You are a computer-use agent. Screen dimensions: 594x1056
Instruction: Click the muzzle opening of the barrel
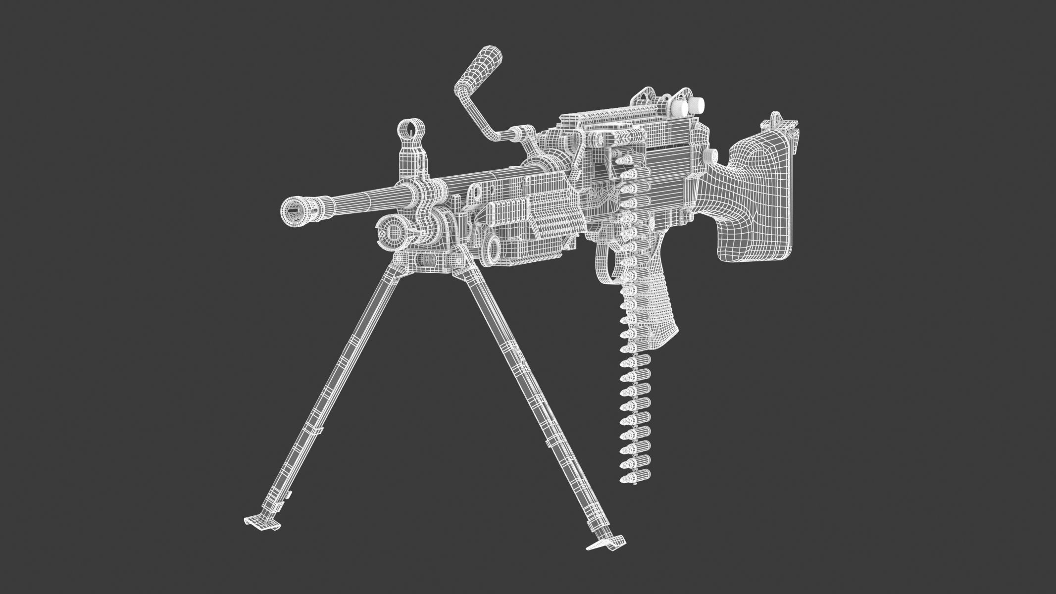pyautogui.click(x=296, y=209)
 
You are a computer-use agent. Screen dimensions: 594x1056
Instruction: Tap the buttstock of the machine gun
pyautogui.click(x=757, y=198)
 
